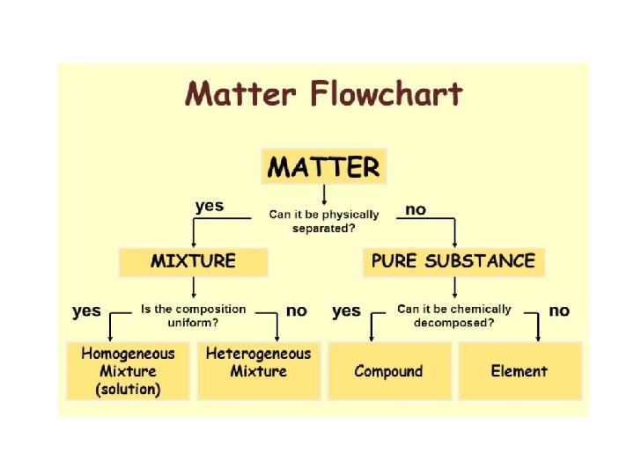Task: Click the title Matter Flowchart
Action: [x=323, y=94]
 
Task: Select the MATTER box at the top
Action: [x=323, y=166]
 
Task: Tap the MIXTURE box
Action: [x=193, y=261]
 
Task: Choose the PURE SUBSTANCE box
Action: [x=453, y=261]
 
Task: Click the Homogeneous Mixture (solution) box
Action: [x=128, y=371]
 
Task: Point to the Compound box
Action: [x=388, y=371]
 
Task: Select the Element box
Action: [x=519, y=371]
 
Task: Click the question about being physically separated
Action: [x=324, y=221]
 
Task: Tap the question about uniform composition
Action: [x=193, y=316]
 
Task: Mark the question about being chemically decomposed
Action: [x=453, y=316]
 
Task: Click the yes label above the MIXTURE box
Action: [x=210, y=206]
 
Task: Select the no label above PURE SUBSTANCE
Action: [x=415, y=209]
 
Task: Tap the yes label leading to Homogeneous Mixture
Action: [x=86, y=311]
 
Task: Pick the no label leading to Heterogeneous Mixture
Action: [x=297, y=311]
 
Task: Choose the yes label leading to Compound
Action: [x=346, y=311]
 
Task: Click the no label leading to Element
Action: [x=559, y=311]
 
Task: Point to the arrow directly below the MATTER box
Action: [x=324, y=194]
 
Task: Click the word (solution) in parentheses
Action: [x=128, y=389]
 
